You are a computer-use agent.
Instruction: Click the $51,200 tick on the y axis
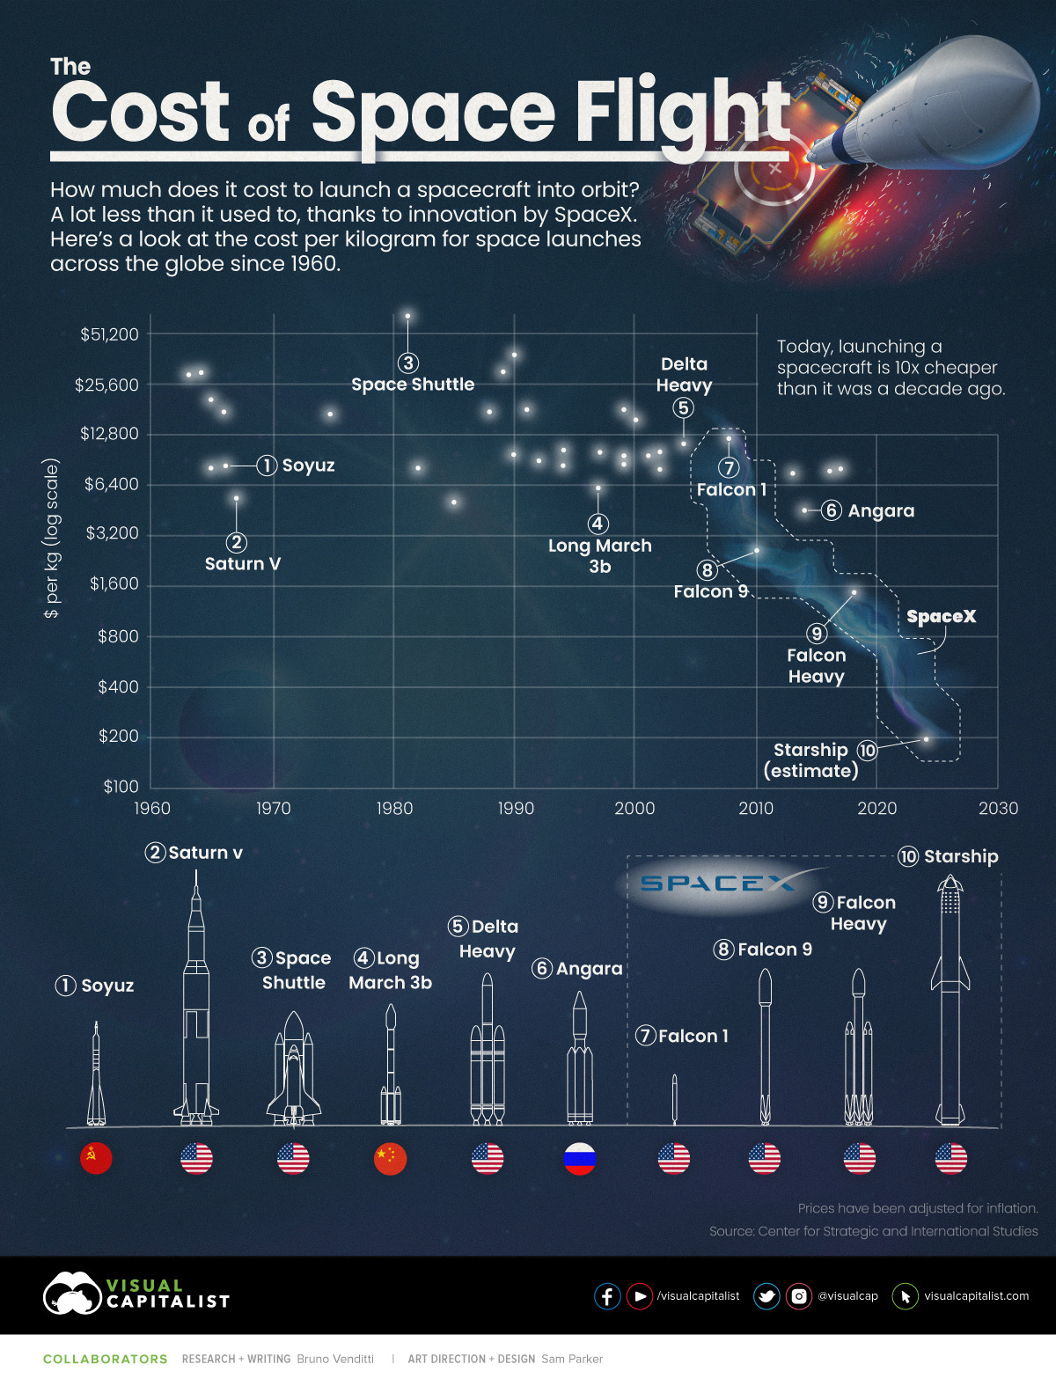110,334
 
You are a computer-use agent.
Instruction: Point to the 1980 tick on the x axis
394,809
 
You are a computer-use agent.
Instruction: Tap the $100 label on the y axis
121,787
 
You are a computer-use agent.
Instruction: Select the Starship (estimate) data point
926,739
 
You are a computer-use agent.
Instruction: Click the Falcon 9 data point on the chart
756,551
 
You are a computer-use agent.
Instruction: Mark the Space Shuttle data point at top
407,316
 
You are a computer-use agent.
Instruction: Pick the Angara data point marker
804,510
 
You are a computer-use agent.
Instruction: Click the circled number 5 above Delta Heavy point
684,407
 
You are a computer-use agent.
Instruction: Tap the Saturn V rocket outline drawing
196,1003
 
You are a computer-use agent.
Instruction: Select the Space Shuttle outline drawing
294,1069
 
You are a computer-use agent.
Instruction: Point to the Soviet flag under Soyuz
96,1158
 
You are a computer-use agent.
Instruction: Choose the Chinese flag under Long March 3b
390,1159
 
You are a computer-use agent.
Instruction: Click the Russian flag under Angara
580,1159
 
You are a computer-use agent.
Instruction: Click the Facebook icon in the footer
607,1296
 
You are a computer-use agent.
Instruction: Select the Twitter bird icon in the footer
766,1296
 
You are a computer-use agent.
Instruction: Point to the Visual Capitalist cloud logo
72,1293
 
